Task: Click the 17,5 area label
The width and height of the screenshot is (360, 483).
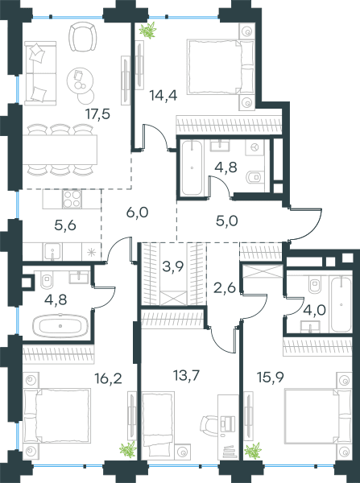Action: click(x=97, y=114)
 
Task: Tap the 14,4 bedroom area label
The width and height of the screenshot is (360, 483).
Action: click(x=163, y=95)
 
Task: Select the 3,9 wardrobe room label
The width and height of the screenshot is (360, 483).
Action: click(x=173, y=266)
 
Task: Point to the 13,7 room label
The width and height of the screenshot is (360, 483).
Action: click(x=187, y=375)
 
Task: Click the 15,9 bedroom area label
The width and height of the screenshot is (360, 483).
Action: click(x=271, y=377)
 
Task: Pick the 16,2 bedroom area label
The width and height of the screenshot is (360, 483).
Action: click(x=108, y=378)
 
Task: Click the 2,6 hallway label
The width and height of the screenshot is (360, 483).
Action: click(x=225, y=288)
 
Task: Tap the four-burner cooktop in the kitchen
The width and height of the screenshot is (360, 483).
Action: click(x=72, y=199)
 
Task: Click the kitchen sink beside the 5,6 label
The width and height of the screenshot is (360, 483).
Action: click(x=53, y=252)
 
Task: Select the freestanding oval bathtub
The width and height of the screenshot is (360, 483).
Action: click(x=60, y=325)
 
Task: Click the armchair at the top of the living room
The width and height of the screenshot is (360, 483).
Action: click(x=83, y=36)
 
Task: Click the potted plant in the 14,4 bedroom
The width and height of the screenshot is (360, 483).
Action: click(x=148, y=31)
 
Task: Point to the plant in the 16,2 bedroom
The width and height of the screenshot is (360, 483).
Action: click(x=128, y=449)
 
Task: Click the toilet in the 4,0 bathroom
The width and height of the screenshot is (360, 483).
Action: click(x=315, y=286)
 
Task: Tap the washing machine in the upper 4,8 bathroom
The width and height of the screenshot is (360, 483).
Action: click(x=254, y=148)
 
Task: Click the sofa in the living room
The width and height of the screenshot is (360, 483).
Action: click(x=40, y=73)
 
